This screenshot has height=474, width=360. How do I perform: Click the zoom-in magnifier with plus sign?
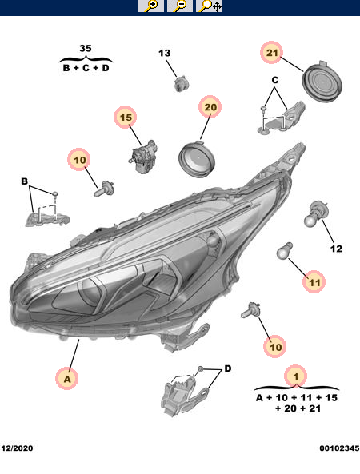click(x=151, y=6)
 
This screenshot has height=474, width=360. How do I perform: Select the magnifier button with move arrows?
click(x=209, y=6)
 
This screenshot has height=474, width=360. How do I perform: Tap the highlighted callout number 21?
click(x=271, y=52)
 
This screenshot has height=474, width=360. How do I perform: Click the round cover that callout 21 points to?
click(x=322, y=82)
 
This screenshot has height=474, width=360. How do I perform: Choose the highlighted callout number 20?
click(x=210, y=107)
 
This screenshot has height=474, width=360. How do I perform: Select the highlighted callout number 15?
click(x=126, y=117)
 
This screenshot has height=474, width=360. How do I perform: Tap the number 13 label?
click(x=165, y=53)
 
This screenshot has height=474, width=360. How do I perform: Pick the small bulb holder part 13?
click(x=182, y=84)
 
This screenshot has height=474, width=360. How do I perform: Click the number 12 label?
click(x=336, y=249)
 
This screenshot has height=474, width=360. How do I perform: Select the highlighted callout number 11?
click(x=314, y=282)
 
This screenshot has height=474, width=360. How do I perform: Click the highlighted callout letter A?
click(x=67, y=378)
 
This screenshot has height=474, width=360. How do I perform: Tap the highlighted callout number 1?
click(x=296, y=376)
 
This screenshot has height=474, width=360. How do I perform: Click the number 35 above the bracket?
click(x=86, y=49)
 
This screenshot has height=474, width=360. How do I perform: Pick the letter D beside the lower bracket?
click(x=228, y=368)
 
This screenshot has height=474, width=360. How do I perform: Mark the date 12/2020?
click(x=17, y=448)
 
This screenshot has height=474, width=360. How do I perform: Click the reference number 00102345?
click(x=339, y=448)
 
